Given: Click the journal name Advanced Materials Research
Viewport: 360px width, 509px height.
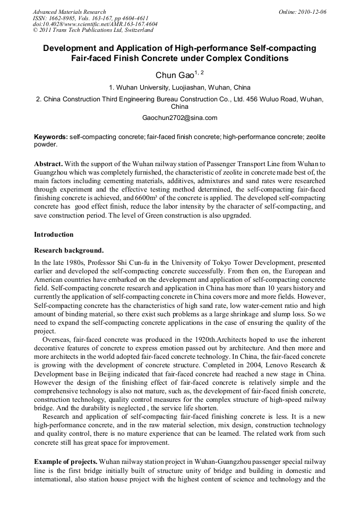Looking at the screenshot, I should [x=69, y=12].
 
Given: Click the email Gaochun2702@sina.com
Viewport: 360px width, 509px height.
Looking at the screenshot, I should [x=180, y=118].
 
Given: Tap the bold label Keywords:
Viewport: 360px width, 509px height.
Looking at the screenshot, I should [x=51, y=137].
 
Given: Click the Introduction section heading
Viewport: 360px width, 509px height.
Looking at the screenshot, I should [x=54, y=235].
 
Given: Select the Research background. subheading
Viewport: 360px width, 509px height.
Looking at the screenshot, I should [x=68, y=251].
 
